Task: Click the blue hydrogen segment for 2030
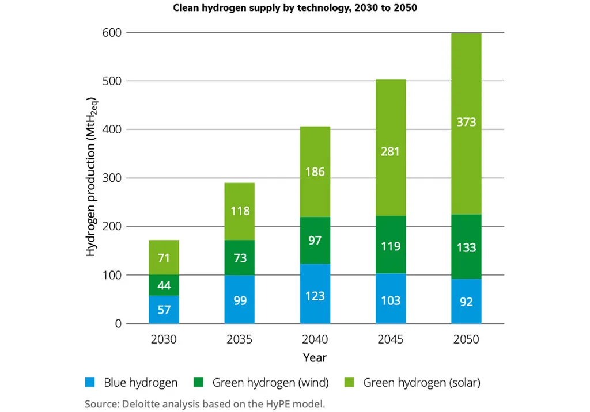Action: pyautogui.click(x=164, y=310)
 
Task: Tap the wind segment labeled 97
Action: pyautogui.click(x=315, y=240)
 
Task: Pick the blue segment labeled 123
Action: pyautogui.click(x=315, y=293)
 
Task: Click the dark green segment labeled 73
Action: pyautogui.click(x=240, y=258)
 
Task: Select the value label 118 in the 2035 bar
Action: pyautogui.click(x=240, y=211)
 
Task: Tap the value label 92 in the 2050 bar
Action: pyautogui.click(x=466, y=302)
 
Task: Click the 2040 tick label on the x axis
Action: pyautogui.click(x=315, y=339)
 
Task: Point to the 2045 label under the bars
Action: pyautogui.click(x=391, y=339)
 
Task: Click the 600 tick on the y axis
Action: pyautogui.click(x=112, y=33)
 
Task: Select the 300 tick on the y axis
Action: pyautogui.click(x=112, y=178)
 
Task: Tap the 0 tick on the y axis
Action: pyautogui.click(x=118, y=324)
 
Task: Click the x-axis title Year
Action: pyautogui.click(x=315, y=358)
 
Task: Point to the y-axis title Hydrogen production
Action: pyautogui.click(x=92, y=178)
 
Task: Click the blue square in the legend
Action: pyautogui.click(x=89, y=382)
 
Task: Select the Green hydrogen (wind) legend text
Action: pyautogui.click(x=270, y=382)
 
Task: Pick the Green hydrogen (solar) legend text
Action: pyautogui.click(x=421, y=382)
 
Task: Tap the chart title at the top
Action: pyautogui.click(x=294, y=9)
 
